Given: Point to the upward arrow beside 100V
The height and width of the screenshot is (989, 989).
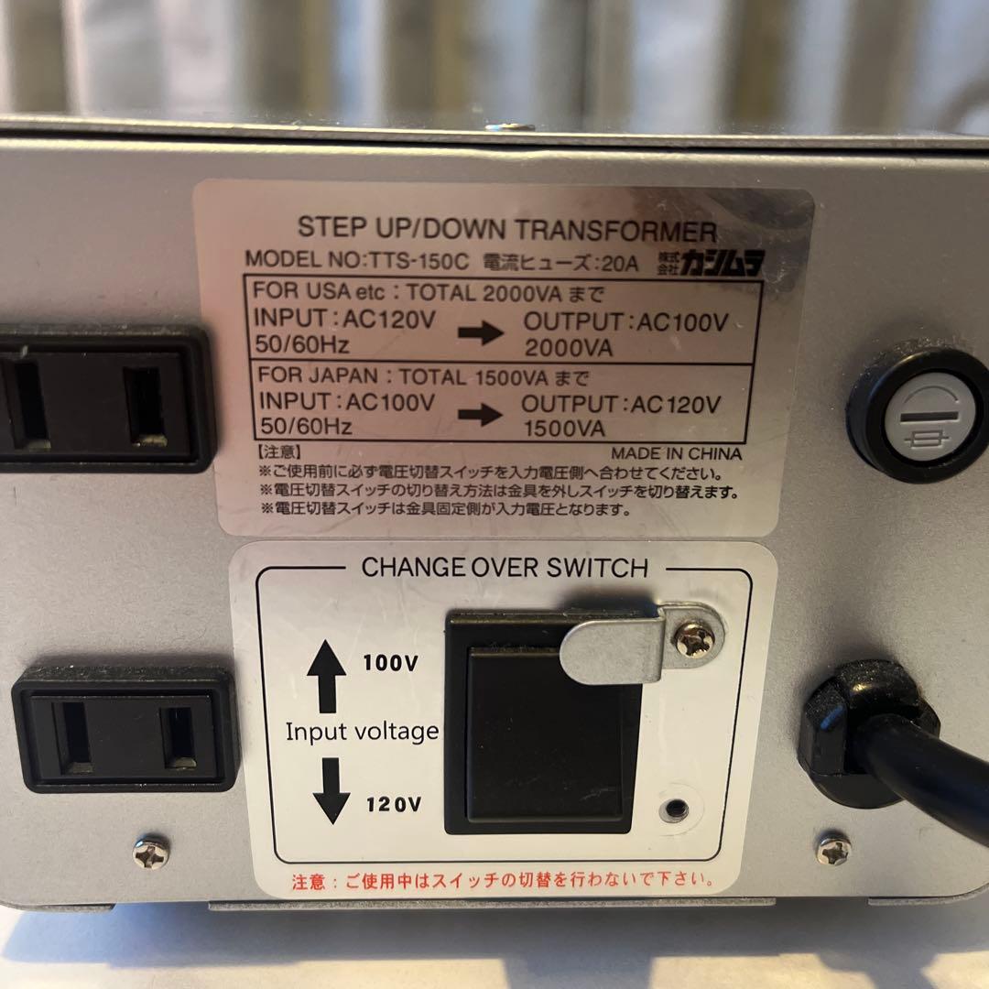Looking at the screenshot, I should [327, 675].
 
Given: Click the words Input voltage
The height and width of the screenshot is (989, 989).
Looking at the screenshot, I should [362, 732].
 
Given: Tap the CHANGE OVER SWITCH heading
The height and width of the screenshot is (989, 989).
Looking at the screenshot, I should [505, 568].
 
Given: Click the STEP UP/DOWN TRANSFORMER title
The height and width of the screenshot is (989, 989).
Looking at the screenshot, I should [506, 230].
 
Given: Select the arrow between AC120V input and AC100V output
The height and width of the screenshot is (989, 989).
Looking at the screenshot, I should [481, 332].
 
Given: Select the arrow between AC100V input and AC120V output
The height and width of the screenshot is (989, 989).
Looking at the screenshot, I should [481, 414].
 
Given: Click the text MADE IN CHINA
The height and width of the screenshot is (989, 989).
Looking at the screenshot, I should [676, 453].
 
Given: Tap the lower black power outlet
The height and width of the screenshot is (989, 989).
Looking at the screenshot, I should [124, 728].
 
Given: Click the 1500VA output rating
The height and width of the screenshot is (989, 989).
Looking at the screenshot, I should [564, 428].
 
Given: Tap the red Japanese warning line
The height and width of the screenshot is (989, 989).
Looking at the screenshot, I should [503, 883].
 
